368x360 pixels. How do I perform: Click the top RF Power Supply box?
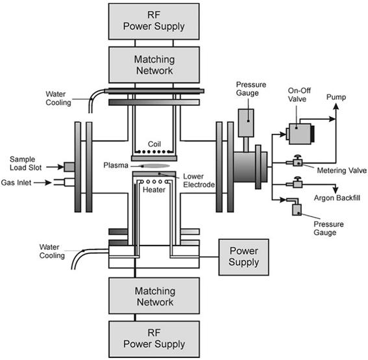point(154,21)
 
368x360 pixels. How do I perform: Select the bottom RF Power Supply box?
point(154,339)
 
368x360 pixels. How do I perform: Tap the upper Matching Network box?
point(154,65)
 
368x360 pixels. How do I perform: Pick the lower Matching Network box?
point(154,296)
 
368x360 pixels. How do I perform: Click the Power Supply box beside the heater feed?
point(243,257)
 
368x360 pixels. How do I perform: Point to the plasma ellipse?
point(155,166)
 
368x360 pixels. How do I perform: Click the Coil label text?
point(154,144)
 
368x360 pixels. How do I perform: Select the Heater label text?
point(154,190)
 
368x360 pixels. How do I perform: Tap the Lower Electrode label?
point(199,181)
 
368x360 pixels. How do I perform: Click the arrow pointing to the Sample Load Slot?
point(55,167)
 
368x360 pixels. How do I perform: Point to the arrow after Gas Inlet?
point(43,183)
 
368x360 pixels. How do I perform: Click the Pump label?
point(336,97)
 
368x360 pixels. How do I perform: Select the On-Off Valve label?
point(299,94)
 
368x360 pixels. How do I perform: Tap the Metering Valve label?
point(341,170)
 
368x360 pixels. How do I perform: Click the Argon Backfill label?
point(337,198)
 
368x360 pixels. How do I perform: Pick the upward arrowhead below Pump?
point(336,107)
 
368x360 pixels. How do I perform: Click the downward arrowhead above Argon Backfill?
point(336,190)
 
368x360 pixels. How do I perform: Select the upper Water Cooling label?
point(58,98)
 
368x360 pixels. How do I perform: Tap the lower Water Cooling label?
point(52,251)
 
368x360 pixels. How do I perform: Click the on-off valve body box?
point(300,134)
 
